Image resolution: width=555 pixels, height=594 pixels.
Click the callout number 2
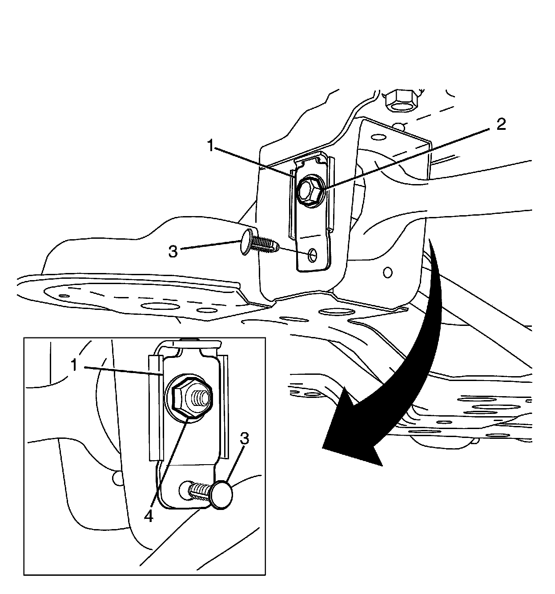tap(501, 125)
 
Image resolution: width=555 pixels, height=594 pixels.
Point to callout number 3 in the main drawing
tap(173, 252)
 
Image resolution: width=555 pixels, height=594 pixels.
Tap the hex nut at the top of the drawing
tap(400, 100)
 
